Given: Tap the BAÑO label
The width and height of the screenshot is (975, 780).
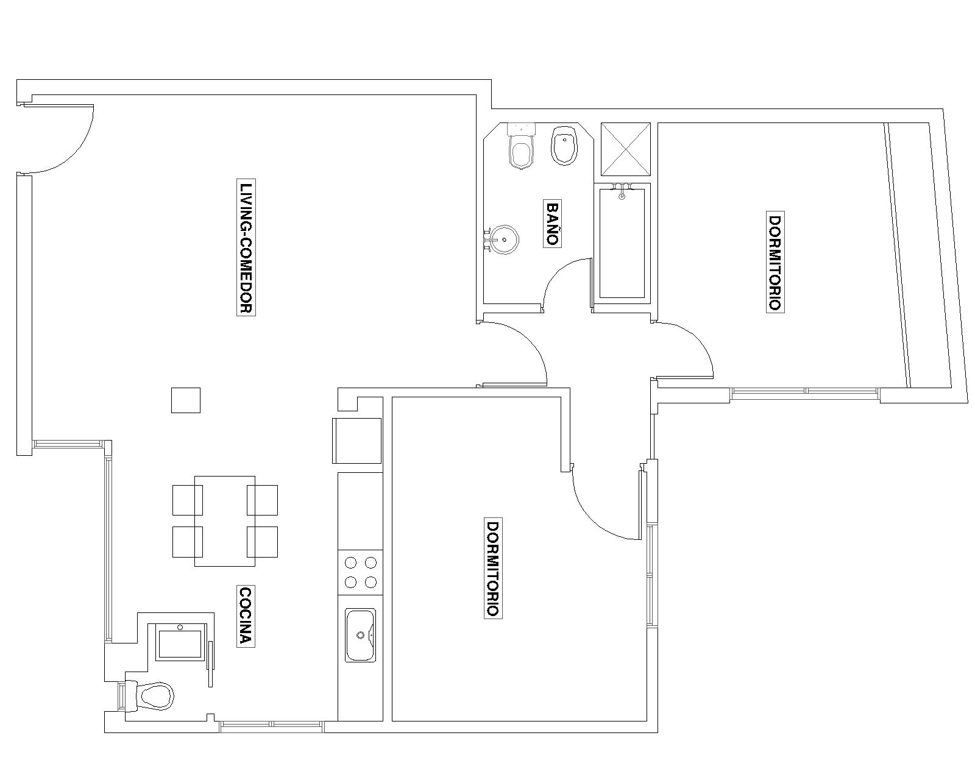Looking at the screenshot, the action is [x=552, y=224].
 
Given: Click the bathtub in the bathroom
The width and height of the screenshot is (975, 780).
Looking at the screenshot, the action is [x=622, y=244].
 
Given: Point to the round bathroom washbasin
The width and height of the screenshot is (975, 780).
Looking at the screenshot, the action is [x=505, y=239].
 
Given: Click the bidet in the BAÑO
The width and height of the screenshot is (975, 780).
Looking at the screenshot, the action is [x=564, y=144].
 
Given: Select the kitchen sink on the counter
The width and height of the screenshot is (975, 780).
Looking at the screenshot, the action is [x=361, y=635].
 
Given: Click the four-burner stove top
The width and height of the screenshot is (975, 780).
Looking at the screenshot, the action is [x=361, y=572].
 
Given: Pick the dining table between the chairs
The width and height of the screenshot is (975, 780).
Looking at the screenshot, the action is [x=225, y=521].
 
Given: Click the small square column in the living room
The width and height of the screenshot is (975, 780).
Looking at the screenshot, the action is [x=186, y=400].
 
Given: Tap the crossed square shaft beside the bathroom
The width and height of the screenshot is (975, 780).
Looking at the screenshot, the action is [x=626, y=149].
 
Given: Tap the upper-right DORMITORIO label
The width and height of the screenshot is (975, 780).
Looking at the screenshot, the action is [x=775, y=262].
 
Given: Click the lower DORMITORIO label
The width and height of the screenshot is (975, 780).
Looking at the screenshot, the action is [x=493, y=568].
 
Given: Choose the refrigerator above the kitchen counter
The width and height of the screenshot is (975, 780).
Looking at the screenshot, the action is [x=357, y=441].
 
